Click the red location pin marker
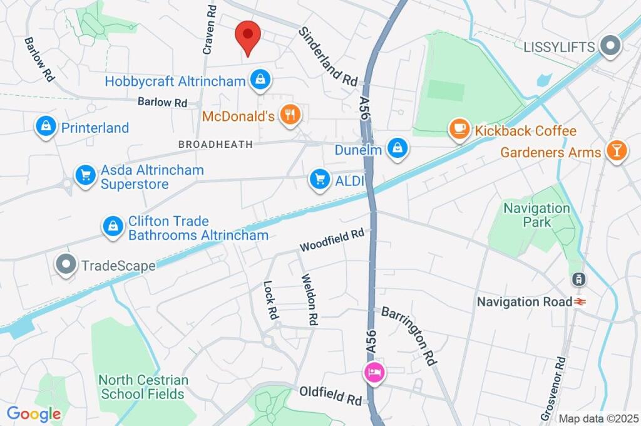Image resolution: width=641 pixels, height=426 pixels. (248, 37)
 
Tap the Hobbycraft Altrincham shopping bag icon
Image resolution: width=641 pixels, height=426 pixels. (259, 80)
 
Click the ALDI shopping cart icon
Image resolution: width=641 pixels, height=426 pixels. (320, 180)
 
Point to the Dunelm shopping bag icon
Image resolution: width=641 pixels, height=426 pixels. (397, 149)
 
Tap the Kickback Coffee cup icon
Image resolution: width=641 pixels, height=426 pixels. (459, 130)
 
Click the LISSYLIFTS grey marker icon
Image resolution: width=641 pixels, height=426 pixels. (610, 46)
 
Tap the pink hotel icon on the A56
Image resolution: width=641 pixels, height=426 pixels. (375, 373)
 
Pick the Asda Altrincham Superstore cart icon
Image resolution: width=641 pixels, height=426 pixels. (85, 175)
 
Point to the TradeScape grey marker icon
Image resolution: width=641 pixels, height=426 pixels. (66, 266)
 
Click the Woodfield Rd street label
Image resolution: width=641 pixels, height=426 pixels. (332, 240)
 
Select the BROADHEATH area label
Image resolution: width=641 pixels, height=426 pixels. (215, 144)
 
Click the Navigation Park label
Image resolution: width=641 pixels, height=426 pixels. (537, 214)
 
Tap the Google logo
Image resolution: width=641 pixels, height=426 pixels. (34, 413)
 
